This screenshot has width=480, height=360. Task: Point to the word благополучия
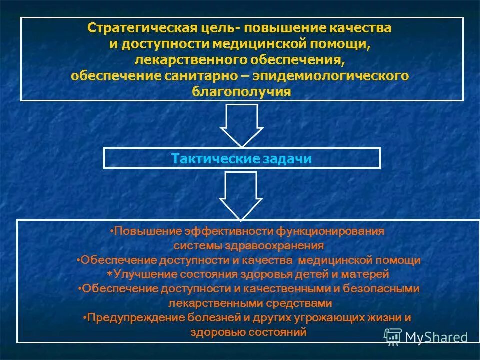[x=241, y=92]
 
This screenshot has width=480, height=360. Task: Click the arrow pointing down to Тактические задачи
[x=242, y=124]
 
